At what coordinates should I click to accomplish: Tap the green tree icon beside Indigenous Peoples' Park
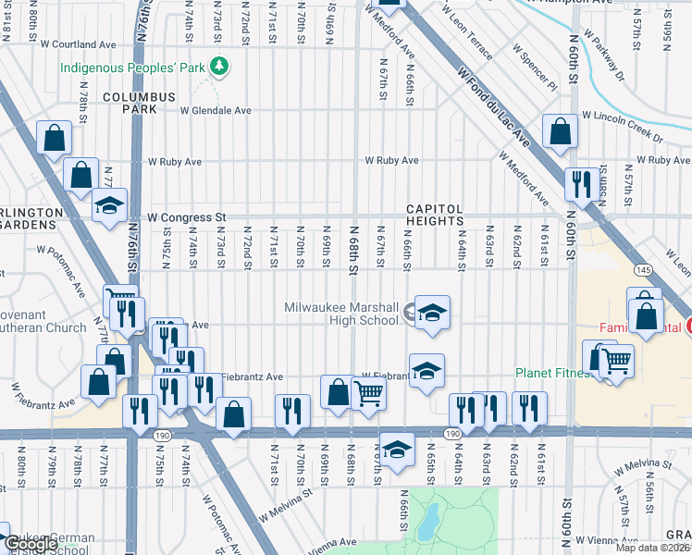tap(219, 66)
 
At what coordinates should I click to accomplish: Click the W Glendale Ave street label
tap(216, 110)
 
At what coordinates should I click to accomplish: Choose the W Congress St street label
tap(185, 217)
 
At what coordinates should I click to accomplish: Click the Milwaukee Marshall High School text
tap(341, 314)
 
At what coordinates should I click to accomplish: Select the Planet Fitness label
tap(549, 375)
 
